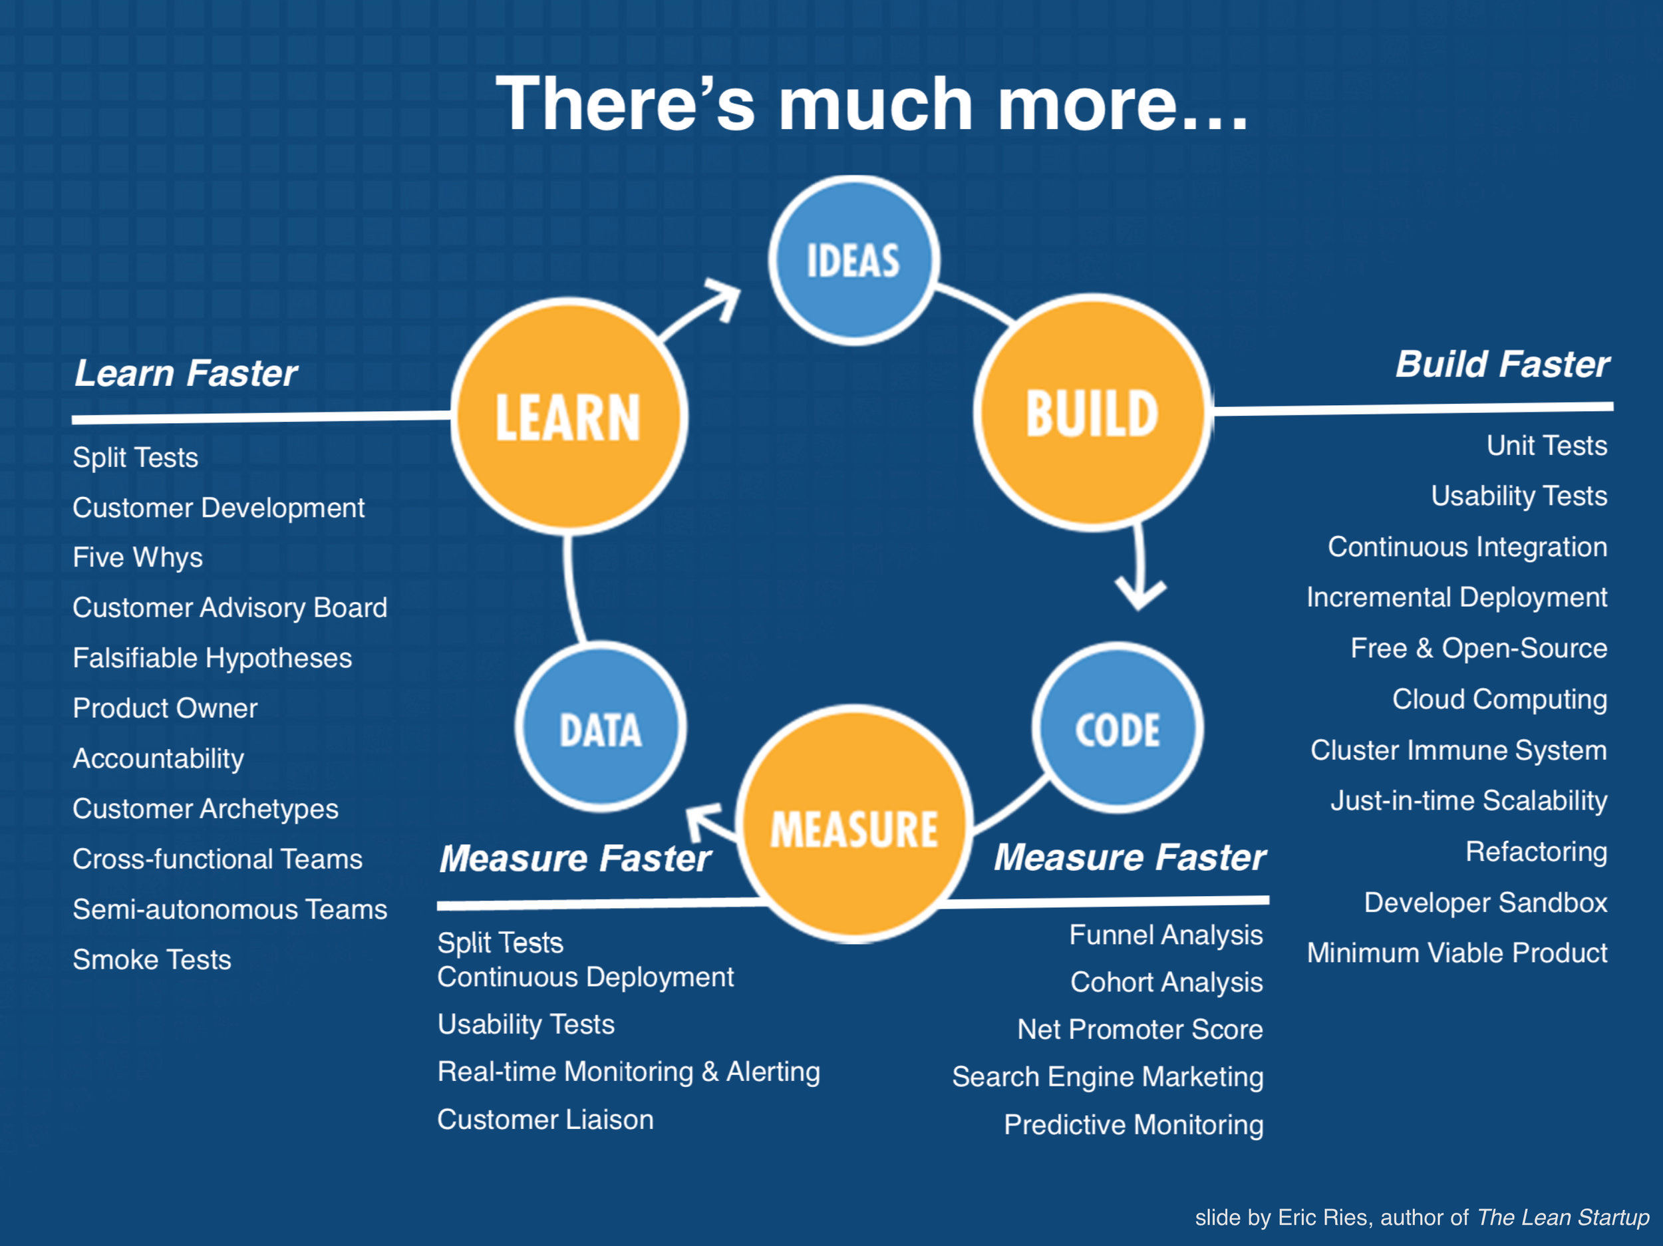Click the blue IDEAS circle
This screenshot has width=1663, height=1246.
tap(853, 261)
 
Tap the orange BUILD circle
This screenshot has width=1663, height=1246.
tap(1092, 413)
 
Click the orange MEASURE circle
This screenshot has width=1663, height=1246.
tap(854, 827)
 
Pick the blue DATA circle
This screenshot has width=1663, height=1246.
tap(600, 728)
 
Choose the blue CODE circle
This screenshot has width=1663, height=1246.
tap(1117, 728)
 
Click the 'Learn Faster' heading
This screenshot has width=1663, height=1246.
tap(186, 373)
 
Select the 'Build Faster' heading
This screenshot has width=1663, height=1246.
tap(1502, 365)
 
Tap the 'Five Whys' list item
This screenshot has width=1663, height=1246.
tap(138, 557)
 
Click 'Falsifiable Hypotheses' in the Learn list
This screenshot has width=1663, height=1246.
tap(212, 658)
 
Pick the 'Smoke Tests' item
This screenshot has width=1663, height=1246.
tap(152, 959)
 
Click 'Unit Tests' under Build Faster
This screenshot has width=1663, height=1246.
tap(1547, 445)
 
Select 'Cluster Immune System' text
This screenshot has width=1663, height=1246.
tap(1459, 750)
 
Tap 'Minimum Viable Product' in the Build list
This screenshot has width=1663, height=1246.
tap(1457, 953)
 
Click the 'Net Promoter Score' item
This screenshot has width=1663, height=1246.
tap(1139, 1028)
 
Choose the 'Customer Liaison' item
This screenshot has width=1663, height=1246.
tap(545, 1120)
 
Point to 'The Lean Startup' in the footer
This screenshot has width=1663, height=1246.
tap(1563, 1217)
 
